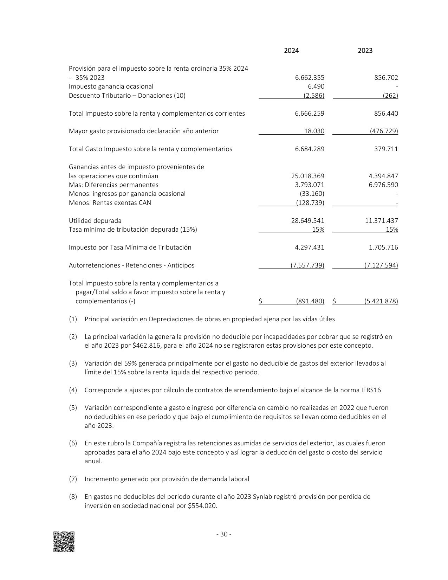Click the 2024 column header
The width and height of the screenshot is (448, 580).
(x=291, y=51)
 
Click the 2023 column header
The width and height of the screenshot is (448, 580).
(x=365, y=51)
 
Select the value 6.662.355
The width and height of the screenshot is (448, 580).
(x=310, y=78)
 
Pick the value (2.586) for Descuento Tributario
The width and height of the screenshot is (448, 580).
(x=314, y=96)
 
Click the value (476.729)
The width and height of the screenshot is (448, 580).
(x=384, y=131)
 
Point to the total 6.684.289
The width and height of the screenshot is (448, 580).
(x=310, y=149)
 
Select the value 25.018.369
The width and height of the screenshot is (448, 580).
(x=308, y=176)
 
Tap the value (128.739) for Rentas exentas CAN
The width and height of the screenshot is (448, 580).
(x=310, y=203)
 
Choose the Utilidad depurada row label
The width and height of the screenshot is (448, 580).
(x=95, y=221)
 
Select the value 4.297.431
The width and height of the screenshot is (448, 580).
(x=310, y=247)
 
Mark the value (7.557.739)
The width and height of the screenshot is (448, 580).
(x=307, y=265)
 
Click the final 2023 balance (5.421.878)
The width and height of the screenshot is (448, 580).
(x=381, y=301)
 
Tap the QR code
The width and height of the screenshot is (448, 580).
(x=64, y=542)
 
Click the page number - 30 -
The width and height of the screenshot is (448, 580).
(x=224, y=534)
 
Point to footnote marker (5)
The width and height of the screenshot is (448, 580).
(x=73, y=408)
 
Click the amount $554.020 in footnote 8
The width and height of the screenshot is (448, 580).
(x=202, y=506)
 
